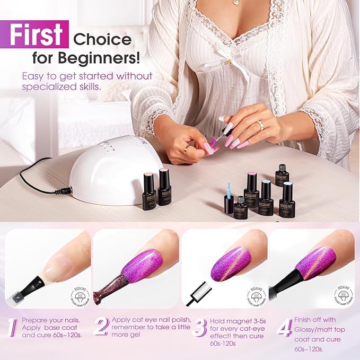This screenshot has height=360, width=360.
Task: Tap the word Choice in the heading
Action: (x=103, y=39)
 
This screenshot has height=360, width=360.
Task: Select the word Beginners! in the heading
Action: (x=116, y=57)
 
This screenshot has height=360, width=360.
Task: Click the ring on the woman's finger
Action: (x=260, y=125)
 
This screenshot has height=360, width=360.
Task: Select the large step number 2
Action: (x=100, y=327)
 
